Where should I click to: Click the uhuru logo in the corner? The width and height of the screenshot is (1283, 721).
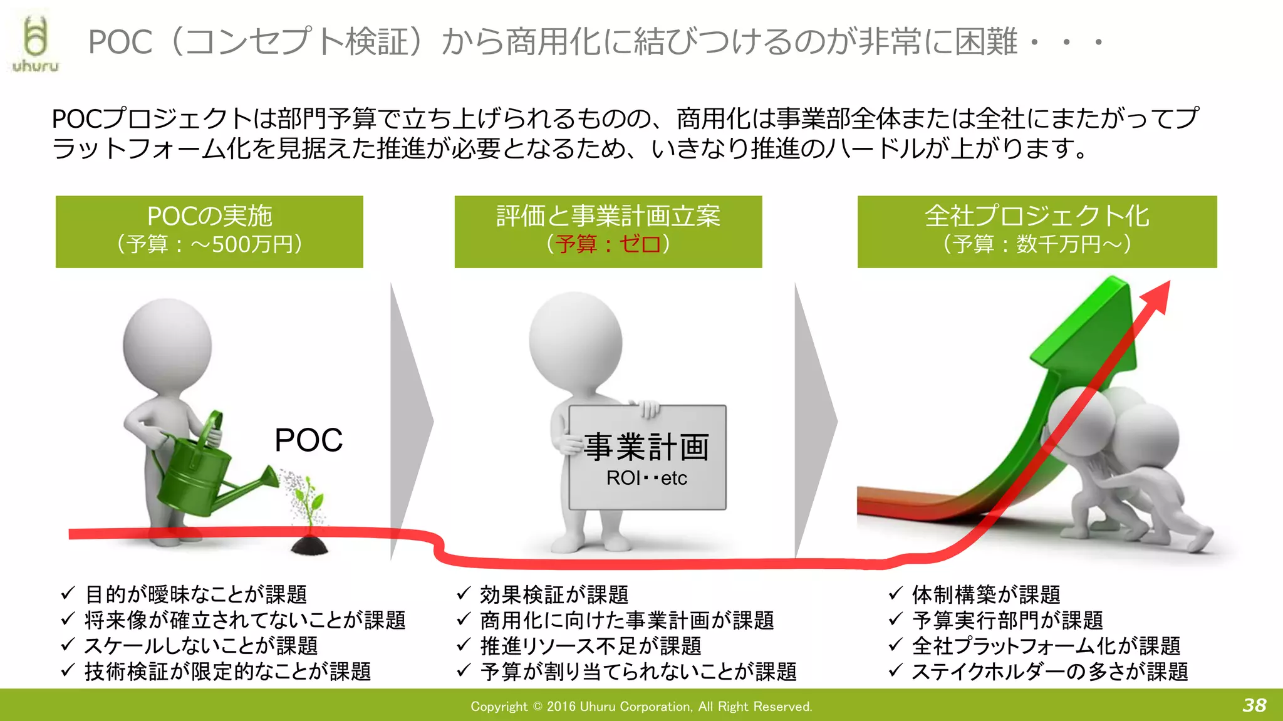click(x=36, y=44)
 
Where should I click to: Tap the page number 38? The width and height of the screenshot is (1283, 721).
click(x=1254, y=705)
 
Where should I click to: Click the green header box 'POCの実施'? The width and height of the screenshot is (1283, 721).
click(x=209, y=231)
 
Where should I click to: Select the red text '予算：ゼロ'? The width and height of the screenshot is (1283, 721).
click(x=608, y=244)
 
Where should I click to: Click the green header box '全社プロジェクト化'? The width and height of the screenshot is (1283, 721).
click(x=1037, y=231)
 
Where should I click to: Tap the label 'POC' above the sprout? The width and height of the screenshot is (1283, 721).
click(x=308, y=440)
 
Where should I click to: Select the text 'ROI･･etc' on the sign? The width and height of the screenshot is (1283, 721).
click(x=647, y=478)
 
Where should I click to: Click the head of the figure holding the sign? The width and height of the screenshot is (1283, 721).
click(x=575, y=341)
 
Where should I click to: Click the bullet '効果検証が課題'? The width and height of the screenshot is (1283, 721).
click(x=554, y=594)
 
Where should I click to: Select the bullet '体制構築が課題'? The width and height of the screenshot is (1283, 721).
click(x=986, y=594)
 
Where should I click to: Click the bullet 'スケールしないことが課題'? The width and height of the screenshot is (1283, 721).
click(x=201, y=645)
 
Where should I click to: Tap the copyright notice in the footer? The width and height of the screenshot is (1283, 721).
click(x=641, y=707)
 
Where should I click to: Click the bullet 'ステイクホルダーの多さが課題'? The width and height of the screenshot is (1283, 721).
click(x=1050, y=671)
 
